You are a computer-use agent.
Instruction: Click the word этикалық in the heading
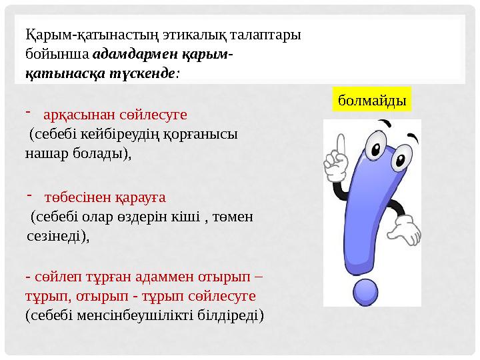[150, 34]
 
